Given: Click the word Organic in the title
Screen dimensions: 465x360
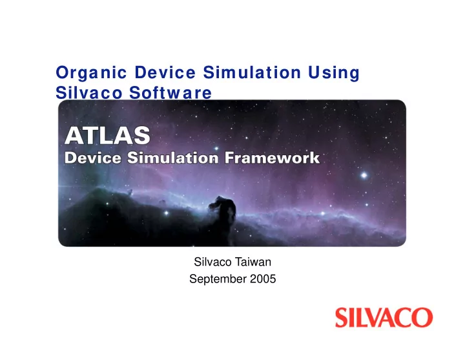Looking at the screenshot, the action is click(x=91, y=73).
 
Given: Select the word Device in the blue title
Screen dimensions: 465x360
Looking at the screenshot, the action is click(x=165, y=72).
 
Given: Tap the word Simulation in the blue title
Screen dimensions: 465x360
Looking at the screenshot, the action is click(x=252, y=72).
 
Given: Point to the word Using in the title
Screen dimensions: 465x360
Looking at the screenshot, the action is click(x=334, y=73).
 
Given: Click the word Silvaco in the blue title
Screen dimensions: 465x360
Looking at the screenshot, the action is click(x=89, y=92).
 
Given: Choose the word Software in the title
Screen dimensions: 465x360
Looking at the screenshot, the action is click(x=170, y=92).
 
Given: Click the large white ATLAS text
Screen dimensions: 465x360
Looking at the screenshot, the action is click(x=107, y=135).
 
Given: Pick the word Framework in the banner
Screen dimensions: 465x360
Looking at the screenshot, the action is click(x=272, y=158).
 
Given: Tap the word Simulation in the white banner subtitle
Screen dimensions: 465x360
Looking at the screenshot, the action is click(x=173, y=158).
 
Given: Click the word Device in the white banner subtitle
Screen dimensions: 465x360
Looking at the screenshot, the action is click(x=93, y=158).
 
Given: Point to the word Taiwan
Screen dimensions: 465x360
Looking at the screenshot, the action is click(x=253, y=262).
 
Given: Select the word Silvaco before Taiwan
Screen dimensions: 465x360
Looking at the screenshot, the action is click(x=212, y=262).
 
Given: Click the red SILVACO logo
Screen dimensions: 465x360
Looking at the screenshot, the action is click(x=384, y=317).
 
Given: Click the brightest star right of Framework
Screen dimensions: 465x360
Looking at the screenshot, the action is click(x=364, y=175).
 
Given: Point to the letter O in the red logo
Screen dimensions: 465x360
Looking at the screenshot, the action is click(x=422, y=317).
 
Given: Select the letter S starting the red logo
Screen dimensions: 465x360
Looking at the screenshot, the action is click(x=342, y=317).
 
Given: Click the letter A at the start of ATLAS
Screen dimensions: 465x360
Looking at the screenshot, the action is click(x=74, y=135).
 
